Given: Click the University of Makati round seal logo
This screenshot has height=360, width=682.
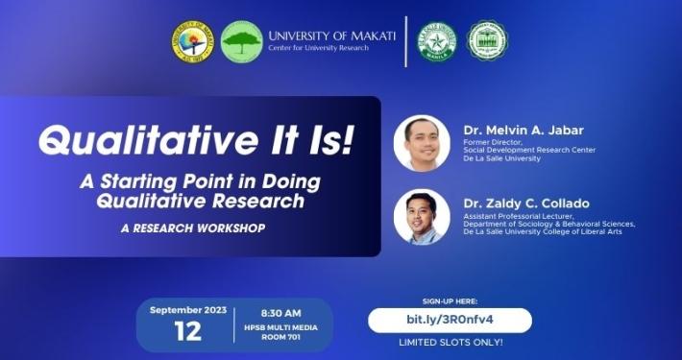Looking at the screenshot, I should tap(193, 41).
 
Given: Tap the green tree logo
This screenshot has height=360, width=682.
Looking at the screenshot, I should tap(241, 41).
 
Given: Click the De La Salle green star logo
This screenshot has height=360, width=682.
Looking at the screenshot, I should tap(436, 41).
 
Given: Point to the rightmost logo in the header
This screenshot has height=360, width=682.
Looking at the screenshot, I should tap(487, 41).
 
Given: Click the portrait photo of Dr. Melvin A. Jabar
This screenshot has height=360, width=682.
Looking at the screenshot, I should tap(422, 143).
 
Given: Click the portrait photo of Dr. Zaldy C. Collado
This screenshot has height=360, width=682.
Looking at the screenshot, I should tap(422, 217).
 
